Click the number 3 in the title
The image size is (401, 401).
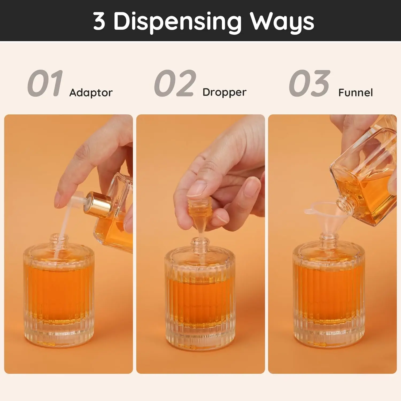[99, 21]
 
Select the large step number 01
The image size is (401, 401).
[45, 83]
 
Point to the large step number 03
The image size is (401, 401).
[309, 83]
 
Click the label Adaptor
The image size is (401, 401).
[91, 93]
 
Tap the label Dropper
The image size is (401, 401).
[224, 92]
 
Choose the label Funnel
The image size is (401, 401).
[355, 93]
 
